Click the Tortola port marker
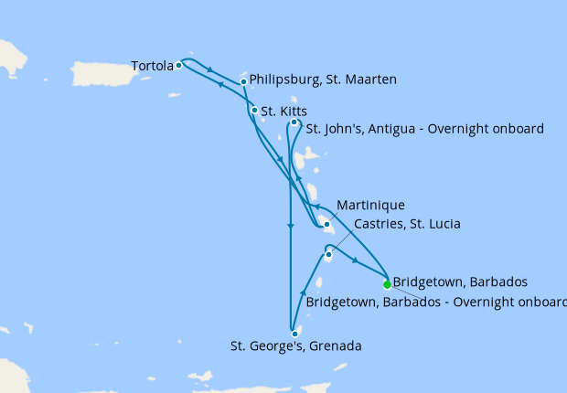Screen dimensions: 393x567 pyautogui.click(x=179, y=65)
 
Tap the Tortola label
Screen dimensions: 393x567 pyautogui.click(x=152, y=66)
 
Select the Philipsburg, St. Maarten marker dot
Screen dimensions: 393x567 pyautogui.click(x=243, y=82)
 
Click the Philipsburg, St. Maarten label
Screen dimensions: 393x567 pyautogui.click(x=323, y=80)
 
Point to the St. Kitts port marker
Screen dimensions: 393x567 pyautogui.click(x=254, y=111)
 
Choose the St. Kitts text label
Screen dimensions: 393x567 pyautogui.click(x=283, y=112)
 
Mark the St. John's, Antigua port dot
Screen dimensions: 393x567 pyautogui.click(x=294, y=122)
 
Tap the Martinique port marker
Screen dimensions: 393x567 pyautogui.click(x=326, y=224)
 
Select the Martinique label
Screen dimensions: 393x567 pyautogui.click(x=370, y=205)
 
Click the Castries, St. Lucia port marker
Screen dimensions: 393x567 pyautogui.click(x=328, y=255)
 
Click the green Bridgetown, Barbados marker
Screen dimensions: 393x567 pyautogui.click(x=387, y=283)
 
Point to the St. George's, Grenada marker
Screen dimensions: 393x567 pyautogui.click(x=294, y=334)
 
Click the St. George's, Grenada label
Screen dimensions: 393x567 pyautogui.click(x=296, y=346)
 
